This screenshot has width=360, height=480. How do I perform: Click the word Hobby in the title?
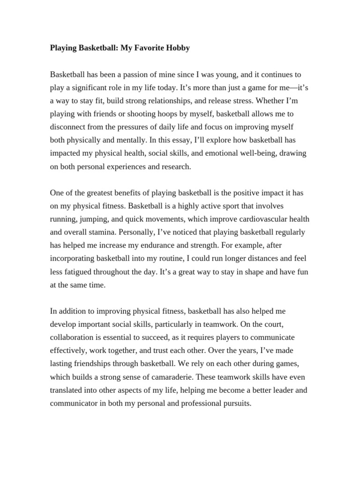click(177, 48)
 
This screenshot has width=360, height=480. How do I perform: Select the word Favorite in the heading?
click(146, 48)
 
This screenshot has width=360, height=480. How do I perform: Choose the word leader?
click(280, 390)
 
